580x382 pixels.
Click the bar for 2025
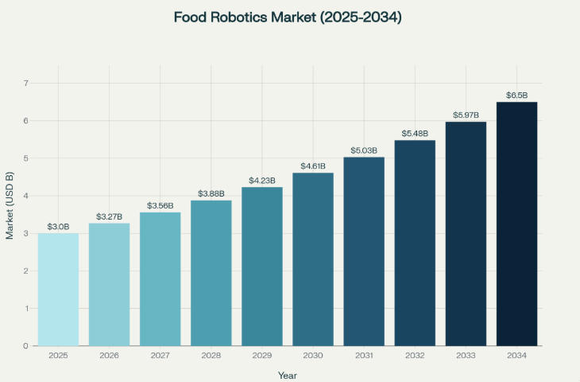[58, 290]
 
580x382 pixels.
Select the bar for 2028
[211, 273]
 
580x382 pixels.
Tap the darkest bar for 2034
[516, 224]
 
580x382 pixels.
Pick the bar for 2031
[364, 251]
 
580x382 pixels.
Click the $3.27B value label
[109, 216]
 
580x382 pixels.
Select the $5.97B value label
[466, 115]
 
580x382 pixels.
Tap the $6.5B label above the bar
[516, 95]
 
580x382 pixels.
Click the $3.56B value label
[160, 206]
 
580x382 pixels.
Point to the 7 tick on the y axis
[25, 83]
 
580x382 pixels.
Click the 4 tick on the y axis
[25, 196]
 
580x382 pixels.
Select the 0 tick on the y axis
[25, 346]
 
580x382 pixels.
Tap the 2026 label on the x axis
[109, 356]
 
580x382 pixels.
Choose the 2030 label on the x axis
[313, 356]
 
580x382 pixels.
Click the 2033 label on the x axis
[466, 356]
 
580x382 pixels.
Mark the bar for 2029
[262, 267]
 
